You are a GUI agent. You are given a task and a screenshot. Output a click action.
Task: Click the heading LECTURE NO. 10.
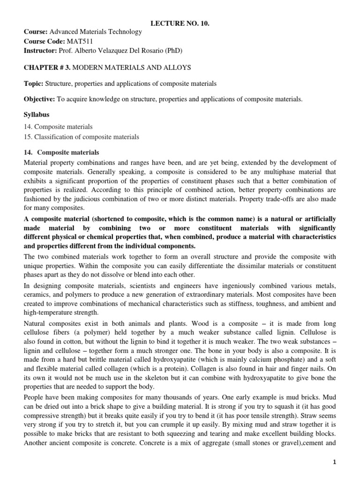tap(180, 23)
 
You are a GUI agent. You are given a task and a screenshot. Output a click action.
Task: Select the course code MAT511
tap(79, 41)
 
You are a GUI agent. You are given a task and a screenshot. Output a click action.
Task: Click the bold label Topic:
tap(33, 84)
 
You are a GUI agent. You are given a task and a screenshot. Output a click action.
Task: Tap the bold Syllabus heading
tap(37, 115)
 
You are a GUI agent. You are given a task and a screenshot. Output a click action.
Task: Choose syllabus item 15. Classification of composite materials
tap(82, 137)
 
